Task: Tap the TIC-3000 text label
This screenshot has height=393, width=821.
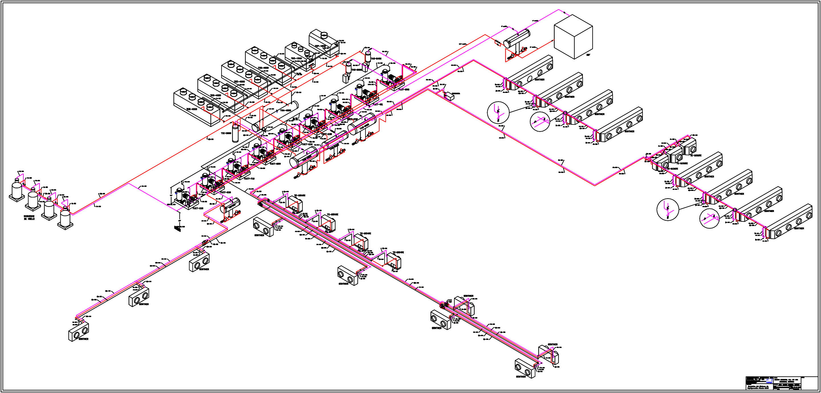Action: coord(226,133)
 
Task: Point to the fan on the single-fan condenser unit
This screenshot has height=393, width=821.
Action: coord(324,34)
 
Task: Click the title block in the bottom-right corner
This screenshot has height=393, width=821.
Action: coord(781,383)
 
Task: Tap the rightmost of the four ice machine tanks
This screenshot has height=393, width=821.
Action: coord(65,217)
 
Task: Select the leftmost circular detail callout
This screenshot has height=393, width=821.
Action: coord(498,113)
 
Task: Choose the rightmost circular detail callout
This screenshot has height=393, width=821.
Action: coord(709,219)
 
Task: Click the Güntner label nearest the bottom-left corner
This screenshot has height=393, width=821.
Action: coord(84,339)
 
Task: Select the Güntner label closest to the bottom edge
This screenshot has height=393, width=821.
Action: coord(521,376)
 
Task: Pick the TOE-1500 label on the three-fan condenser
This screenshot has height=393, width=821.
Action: coord(296,58)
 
